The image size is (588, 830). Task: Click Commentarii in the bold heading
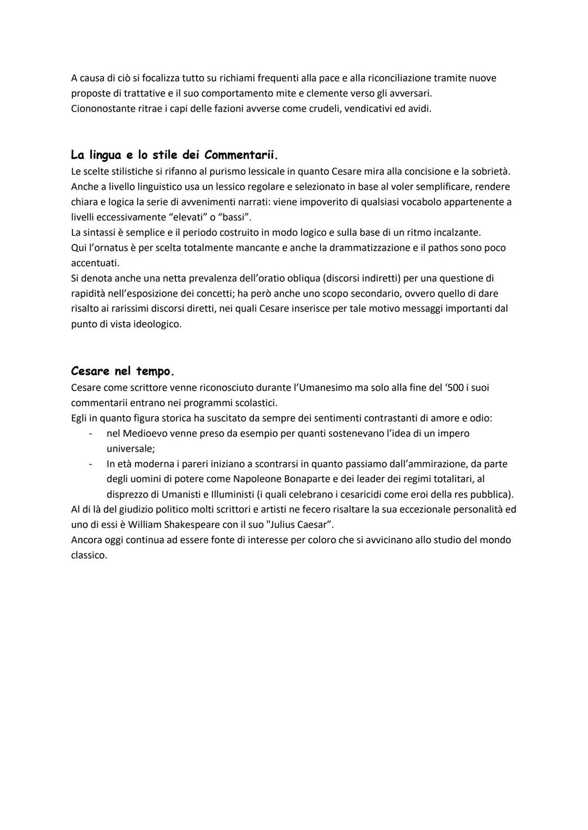240,155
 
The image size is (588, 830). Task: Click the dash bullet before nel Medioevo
90,433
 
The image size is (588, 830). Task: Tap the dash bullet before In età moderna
90,464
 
